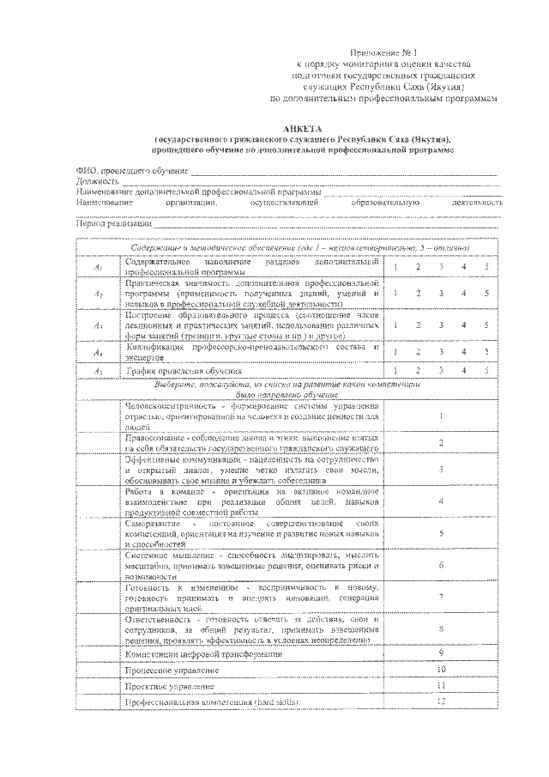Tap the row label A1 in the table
(x=99, y=268)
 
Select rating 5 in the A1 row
(x=486, y=267)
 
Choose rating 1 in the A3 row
(x=395, y=325)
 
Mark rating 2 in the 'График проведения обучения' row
(x=418, y=370)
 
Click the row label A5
(x=99, y=371)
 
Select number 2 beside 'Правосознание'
(x=440, y=443)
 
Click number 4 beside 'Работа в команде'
(x=440, y=500)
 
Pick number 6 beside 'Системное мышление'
(x=440, y=566)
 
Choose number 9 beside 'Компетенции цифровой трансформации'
(x=440, y=654)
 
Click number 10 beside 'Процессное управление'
(x=441, y=669)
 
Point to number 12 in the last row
(x=441, y=702)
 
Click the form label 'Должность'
(x=97, y=182)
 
